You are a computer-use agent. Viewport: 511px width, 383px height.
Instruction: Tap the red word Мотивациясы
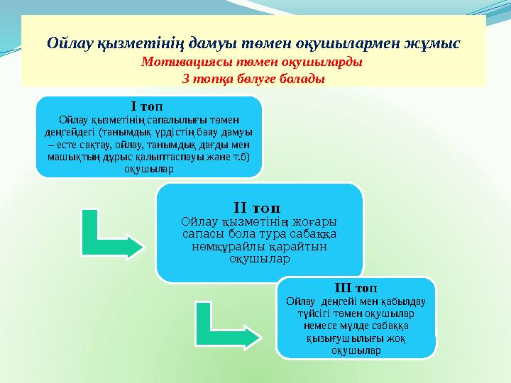coord(182,62)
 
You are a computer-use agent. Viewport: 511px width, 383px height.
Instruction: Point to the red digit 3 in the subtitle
coord(186,78)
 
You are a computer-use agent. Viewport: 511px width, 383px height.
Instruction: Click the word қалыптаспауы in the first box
coord(181,156)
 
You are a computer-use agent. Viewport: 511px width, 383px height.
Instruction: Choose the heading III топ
coord(355,288)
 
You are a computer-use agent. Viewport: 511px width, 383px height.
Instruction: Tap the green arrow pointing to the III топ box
coord(228,325)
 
